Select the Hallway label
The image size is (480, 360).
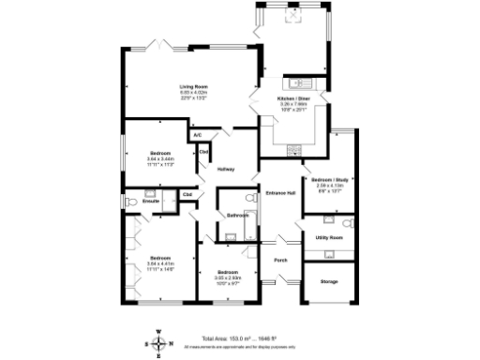(225, 170)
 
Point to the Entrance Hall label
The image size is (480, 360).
(280, 193)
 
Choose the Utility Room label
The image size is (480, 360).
(329, 238)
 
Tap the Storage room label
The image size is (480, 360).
(328, 281)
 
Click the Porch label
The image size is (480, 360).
(279, 260)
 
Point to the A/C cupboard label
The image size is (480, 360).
(197, 136)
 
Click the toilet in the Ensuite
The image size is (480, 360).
(131, 201)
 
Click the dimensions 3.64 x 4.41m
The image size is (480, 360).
(159, 263)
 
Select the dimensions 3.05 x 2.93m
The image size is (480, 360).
(228, 277)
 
